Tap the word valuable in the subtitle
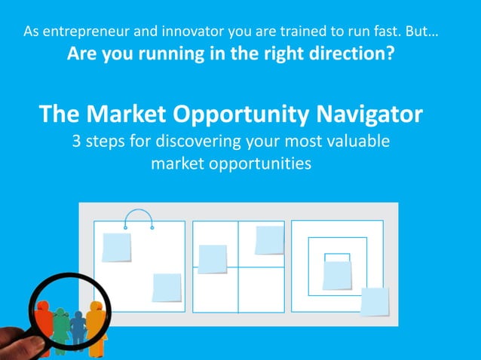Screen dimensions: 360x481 tap(362, 141)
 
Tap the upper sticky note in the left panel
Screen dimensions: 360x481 tap(117, 247)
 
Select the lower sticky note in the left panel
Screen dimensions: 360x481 tap(167, 287)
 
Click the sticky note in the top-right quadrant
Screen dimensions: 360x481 tap(269, 239)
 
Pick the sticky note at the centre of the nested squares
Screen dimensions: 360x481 tap(337, 274)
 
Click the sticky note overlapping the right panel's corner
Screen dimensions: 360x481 tap(375, 301)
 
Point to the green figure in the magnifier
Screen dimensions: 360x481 tap(61, 326)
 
